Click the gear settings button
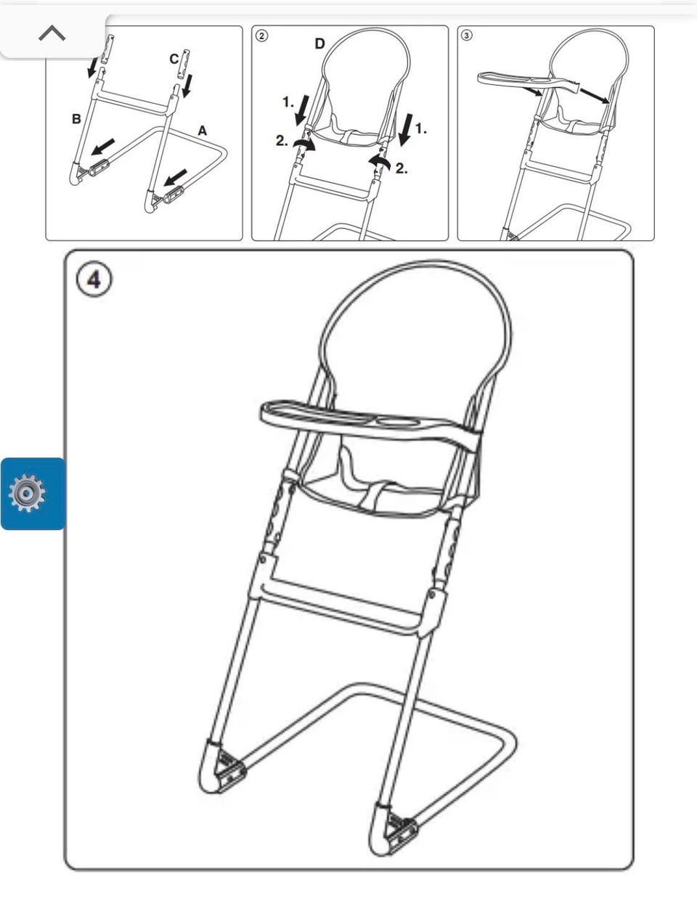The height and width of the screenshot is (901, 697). click(28, 493)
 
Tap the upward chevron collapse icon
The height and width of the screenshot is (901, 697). click(52, 33)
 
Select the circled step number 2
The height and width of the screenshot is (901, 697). click(261, 36)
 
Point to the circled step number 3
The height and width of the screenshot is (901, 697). click(466, 36)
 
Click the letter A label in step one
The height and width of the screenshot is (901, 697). click(203, 131)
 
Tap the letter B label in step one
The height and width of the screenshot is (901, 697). click(76, 119)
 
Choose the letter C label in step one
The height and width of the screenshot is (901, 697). click(174, 60)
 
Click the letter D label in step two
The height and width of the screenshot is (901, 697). click(319, 44)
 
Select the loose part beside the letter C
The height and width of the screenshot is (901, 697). click(184, 65)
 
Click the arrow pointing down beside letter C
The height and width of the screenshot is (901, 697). click(188, 86)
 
